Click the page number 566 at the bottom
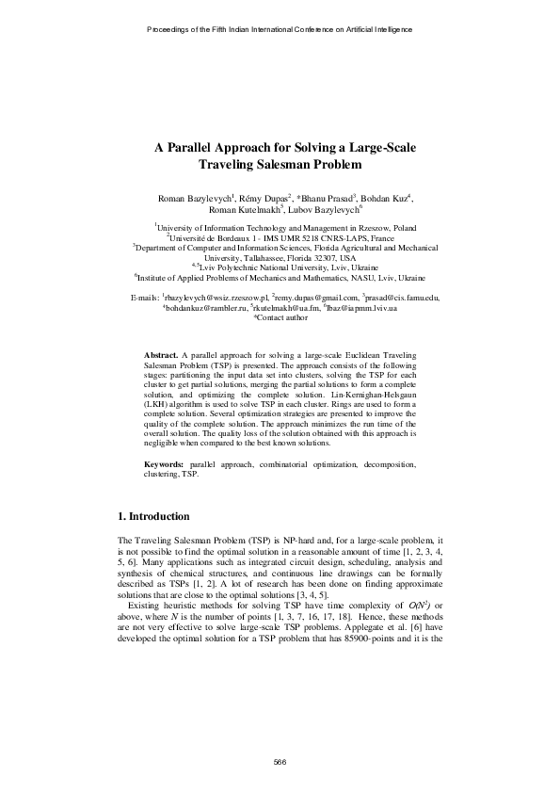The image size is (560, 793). pyautogui.click(x=280, y=760)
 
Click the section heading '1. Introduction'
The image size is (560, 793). pyautogui.click(x=153, y=517)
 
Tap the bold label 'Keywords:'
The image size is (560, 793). pyautogui.click(x=165, y=465)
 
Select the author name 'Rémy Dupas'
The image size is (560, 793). pyautogui.click(x=266, y=200)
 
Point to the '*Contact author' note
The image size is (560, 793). pyautogui.click(x=280, y=318)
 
